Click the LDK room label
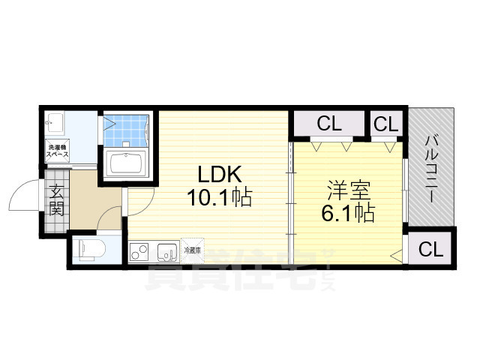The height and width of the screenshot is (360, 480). coord(218,174)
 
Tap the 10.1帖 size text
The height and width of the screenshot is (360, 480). coord(219,198)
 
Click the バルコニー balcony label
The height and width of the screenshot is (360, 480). coord(432,168)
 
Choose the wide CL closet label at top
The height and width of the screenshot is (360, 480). coord(328,124)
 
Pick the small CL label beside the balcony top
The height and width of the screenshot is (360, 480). coord(386,124)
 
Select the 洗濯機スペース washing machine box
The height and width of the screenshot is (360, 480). coord(58,150)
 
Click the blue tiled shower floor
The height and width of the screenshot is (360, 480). coord(125,132)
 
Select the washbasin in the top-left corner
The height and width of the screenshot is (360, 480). coord(54,122)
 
